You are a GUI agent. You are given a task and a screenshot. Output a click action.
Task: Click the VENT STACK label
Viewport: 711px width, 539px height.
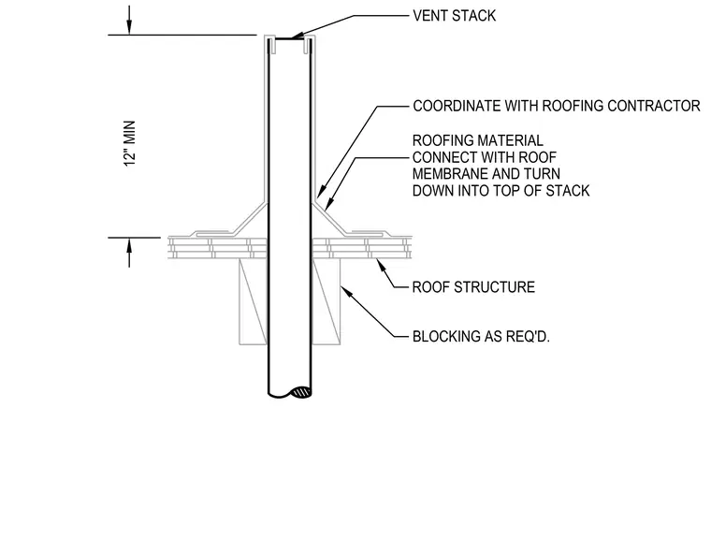454,16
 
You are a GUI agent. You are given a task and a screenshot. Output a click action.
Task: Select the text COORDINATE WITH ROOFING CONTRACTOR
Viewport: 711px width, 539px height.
557,106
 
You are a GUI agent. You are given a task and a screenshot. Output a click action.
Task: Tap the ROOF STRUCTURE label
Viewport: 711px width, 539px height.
473,287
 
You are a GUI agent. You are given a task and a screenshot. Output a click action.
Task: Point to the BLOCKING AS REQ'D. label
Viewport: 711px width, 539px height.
481,336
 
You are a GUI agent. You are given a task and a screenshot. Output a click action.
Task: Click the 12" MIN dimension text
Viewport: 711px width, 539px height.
130,143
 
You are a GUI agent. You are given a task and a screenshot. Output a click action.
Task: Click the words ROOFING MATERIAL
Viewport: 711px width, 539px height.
477,140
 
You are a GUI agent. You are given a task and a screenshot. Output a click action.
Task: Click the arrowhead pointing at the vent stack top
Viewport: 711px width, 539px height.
297,36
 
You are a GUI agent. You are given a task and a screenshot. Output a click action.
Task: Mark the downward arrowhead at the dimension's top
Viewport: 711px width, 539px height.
129,27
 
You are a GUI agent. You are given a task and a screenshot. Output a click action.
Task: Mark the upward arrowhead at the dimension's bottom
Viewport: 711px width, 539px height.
129,245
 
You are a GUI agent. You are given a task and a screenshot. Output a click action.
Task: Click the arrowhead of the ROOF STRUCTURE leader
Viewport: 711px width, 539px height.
380,264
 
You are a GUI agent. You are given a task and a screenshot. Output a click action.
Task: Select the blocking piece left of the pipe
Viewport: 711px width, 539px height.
254,301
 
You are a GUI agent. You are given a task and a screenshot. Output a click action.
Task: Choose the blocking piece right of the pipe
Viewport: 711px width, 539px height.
326,301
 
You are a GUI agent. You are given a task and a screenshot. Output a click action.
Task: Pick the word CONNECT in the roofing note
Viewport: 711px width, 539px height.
444,157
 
